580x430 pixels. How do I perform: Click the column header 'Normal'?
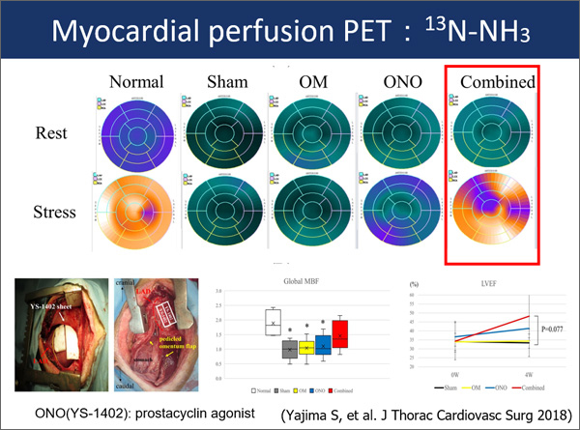[135, 81]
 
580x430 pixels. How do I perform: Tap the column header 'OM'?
[311, 81]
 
